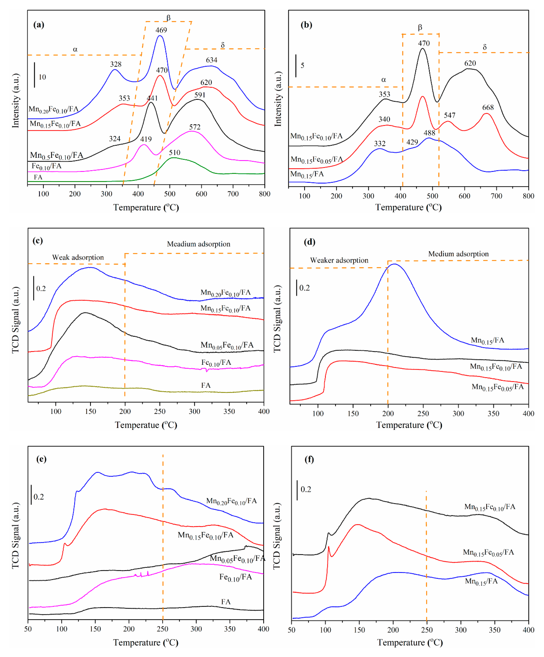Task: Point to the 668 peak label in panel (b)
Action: click(x=488, y=108)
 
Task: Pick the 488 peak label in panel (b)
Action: click(x=429, y=133)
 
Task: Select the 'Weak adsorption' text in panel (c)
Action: click(x=78, y=258)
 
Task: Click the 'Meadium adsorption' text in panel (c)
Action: click(x=199, y=244)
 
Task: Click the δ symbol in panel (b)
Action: click(x=485, y=47)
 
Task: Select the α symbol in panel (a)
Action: click(x=75, y=49)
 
